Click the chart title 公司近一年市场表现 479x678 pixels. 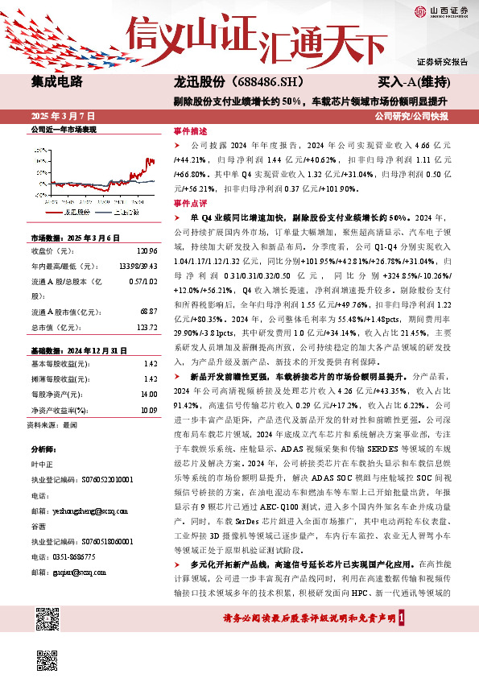(63, 130)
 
